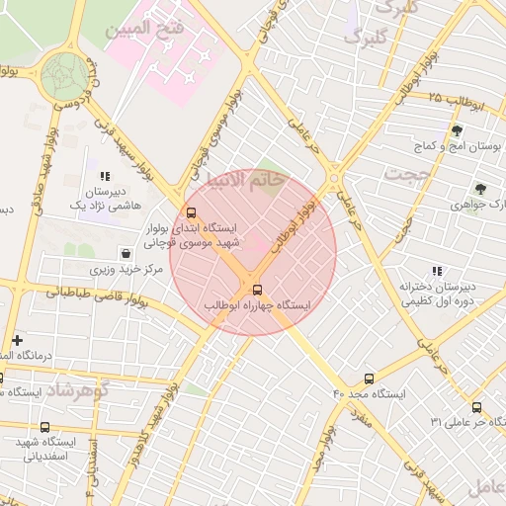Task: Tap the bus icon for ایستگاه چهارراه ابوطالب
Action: click(258, 290)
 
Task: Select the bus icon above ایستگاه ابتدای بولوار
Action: click(191, 211)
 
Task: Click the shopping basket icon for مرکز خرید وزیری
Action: click(125, 253)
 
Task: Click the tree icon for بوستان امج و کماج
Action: click(456, 130)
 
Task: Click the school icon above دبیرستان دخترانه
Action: click(437, 271)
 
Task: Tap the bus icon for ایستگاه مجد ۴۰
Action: click(370, 379)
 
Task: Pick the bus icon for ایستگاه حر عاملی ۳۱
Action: click(476, 407)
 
